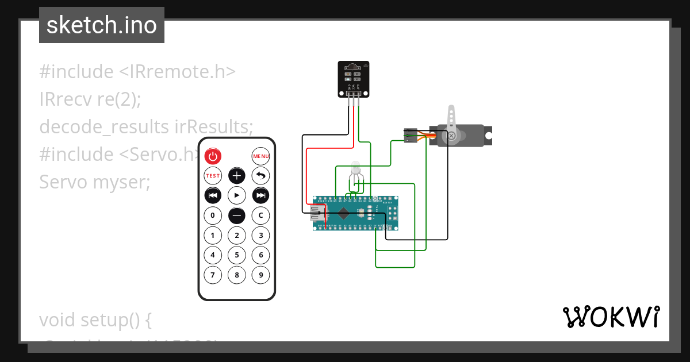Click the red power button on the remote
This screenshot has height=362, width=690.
(213, 156)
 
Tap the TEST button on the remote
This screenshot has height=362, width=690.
(213, 176)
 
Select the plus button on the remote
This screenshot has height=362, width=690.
(237, 176)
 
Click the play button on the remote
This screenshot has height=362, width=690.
(237, 195)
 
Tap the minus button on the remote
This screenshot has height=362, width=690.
(237, 215)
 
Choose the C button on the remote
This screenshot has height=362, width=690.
(261, 215)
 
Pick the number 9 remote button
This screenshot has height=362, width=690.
(261, 275)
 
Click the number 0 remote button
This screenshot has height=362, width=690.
(213, 215)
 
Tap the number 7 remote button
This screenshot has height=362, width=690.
(213, 275)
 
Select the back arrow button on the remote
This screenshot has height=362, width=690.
(261, 176)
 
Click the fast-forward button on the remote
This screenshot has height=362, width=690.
(261, 195)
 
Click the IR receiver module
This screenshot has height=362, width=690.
(352, 79)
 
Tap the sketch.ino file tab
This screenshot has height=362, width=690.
(102, 25)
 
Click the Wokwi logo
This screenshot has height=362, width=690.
(611, 317)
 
